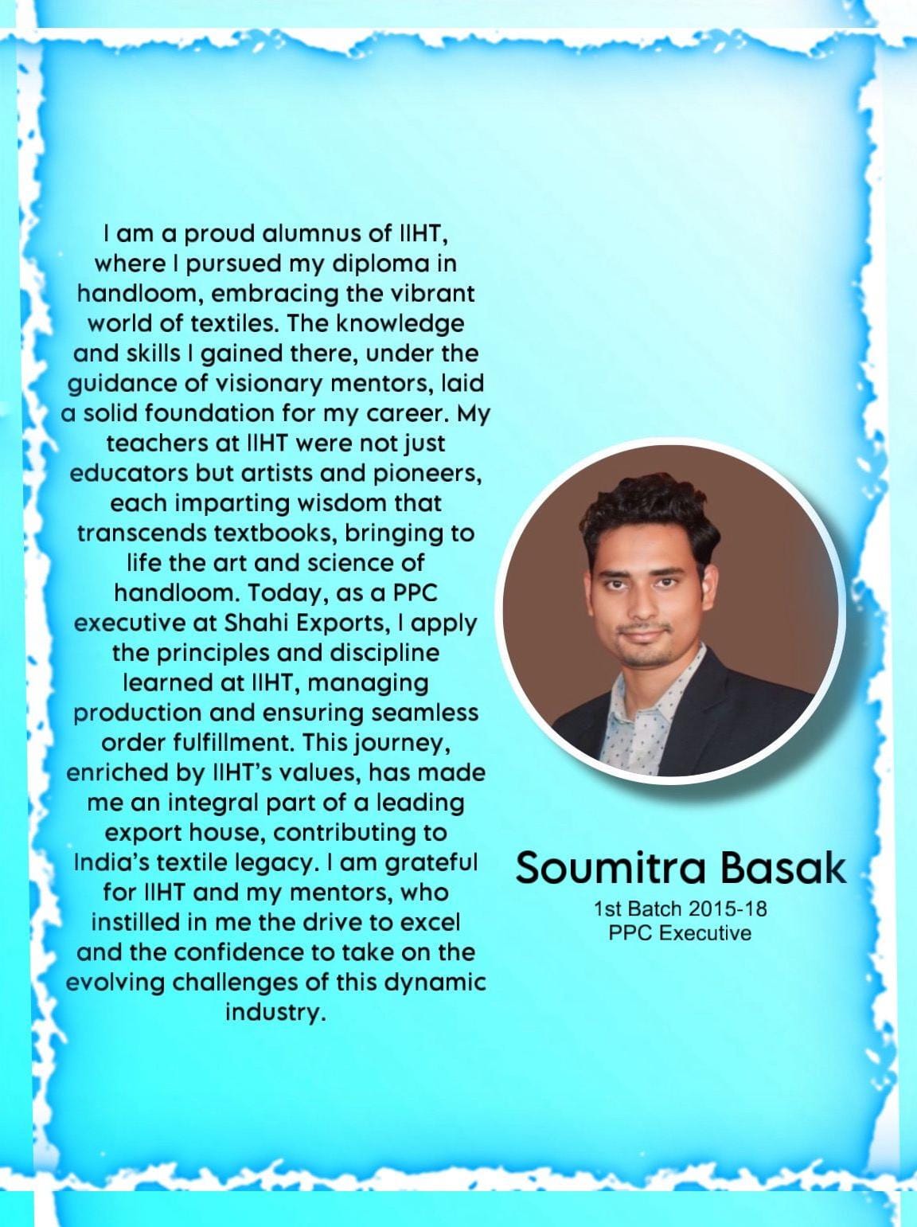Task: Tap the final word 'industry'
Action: [x=275, y=1013]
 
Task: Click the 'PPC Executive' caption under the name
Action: [x=680, y=932]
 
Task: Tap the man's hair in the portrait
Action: [x=649, y=518]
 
